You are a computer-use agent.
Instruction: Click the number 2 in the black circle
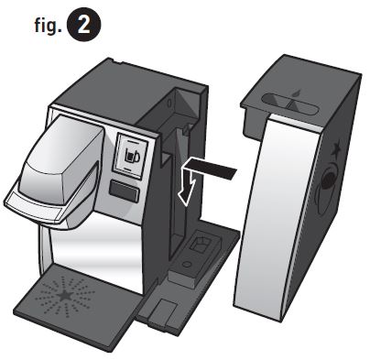point(89,25)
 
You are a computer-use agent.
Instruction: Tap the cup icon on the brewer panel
point(133,155)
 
